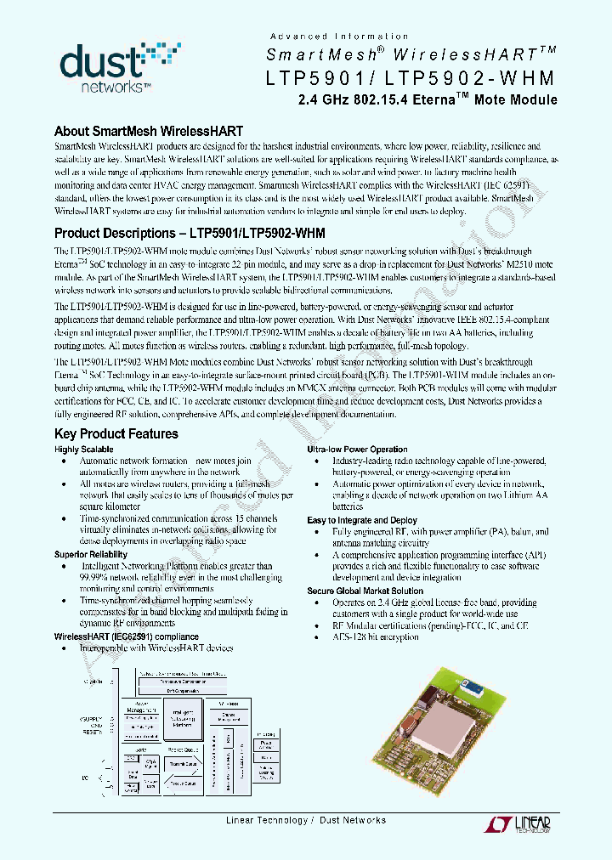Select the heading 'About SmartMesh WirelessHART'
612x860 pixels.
pos(149,132)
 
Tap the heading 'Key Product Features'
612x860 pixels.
pos(116,434)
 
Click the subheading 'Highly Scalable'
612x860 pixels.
pos(84,450)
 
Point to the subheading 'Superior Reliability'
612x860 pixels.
pos(91,554)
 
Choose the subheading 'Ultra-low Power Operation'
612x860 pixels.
pos(357,450)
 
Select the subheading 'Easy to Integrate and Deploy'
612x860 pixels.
pos(362,520)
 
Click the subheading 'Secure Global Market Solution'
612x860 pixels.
pos(365,591)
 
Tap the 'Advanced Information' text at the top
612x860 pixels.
pos(339,37)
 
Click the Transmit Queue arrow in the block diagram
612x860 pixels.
pos(183,764)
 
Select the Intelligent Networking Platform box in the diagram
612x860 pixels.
pos(182,719)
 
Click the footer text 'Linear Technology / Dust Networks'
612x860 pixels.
pos(306,820)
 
